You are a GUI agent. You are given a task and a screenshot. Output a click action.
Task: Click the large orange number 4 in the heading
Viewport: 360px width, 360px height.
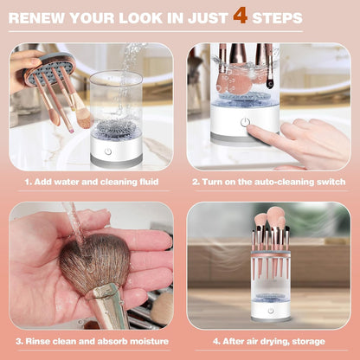240,16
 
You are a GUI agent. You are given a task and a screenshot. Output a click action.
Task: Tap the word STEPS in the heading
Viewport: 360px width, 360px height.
277,17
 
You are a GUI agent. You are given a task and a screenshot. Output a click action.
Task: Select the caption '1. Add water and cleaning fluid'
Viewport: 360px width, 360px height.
90,182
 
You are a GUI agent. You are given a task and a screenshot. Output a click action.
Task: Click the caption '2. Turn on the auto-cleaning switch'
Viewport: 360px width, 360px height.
269,182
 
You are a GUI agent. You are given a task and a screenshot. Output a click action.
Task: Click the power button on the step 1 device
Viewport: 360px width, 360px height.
108,151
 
